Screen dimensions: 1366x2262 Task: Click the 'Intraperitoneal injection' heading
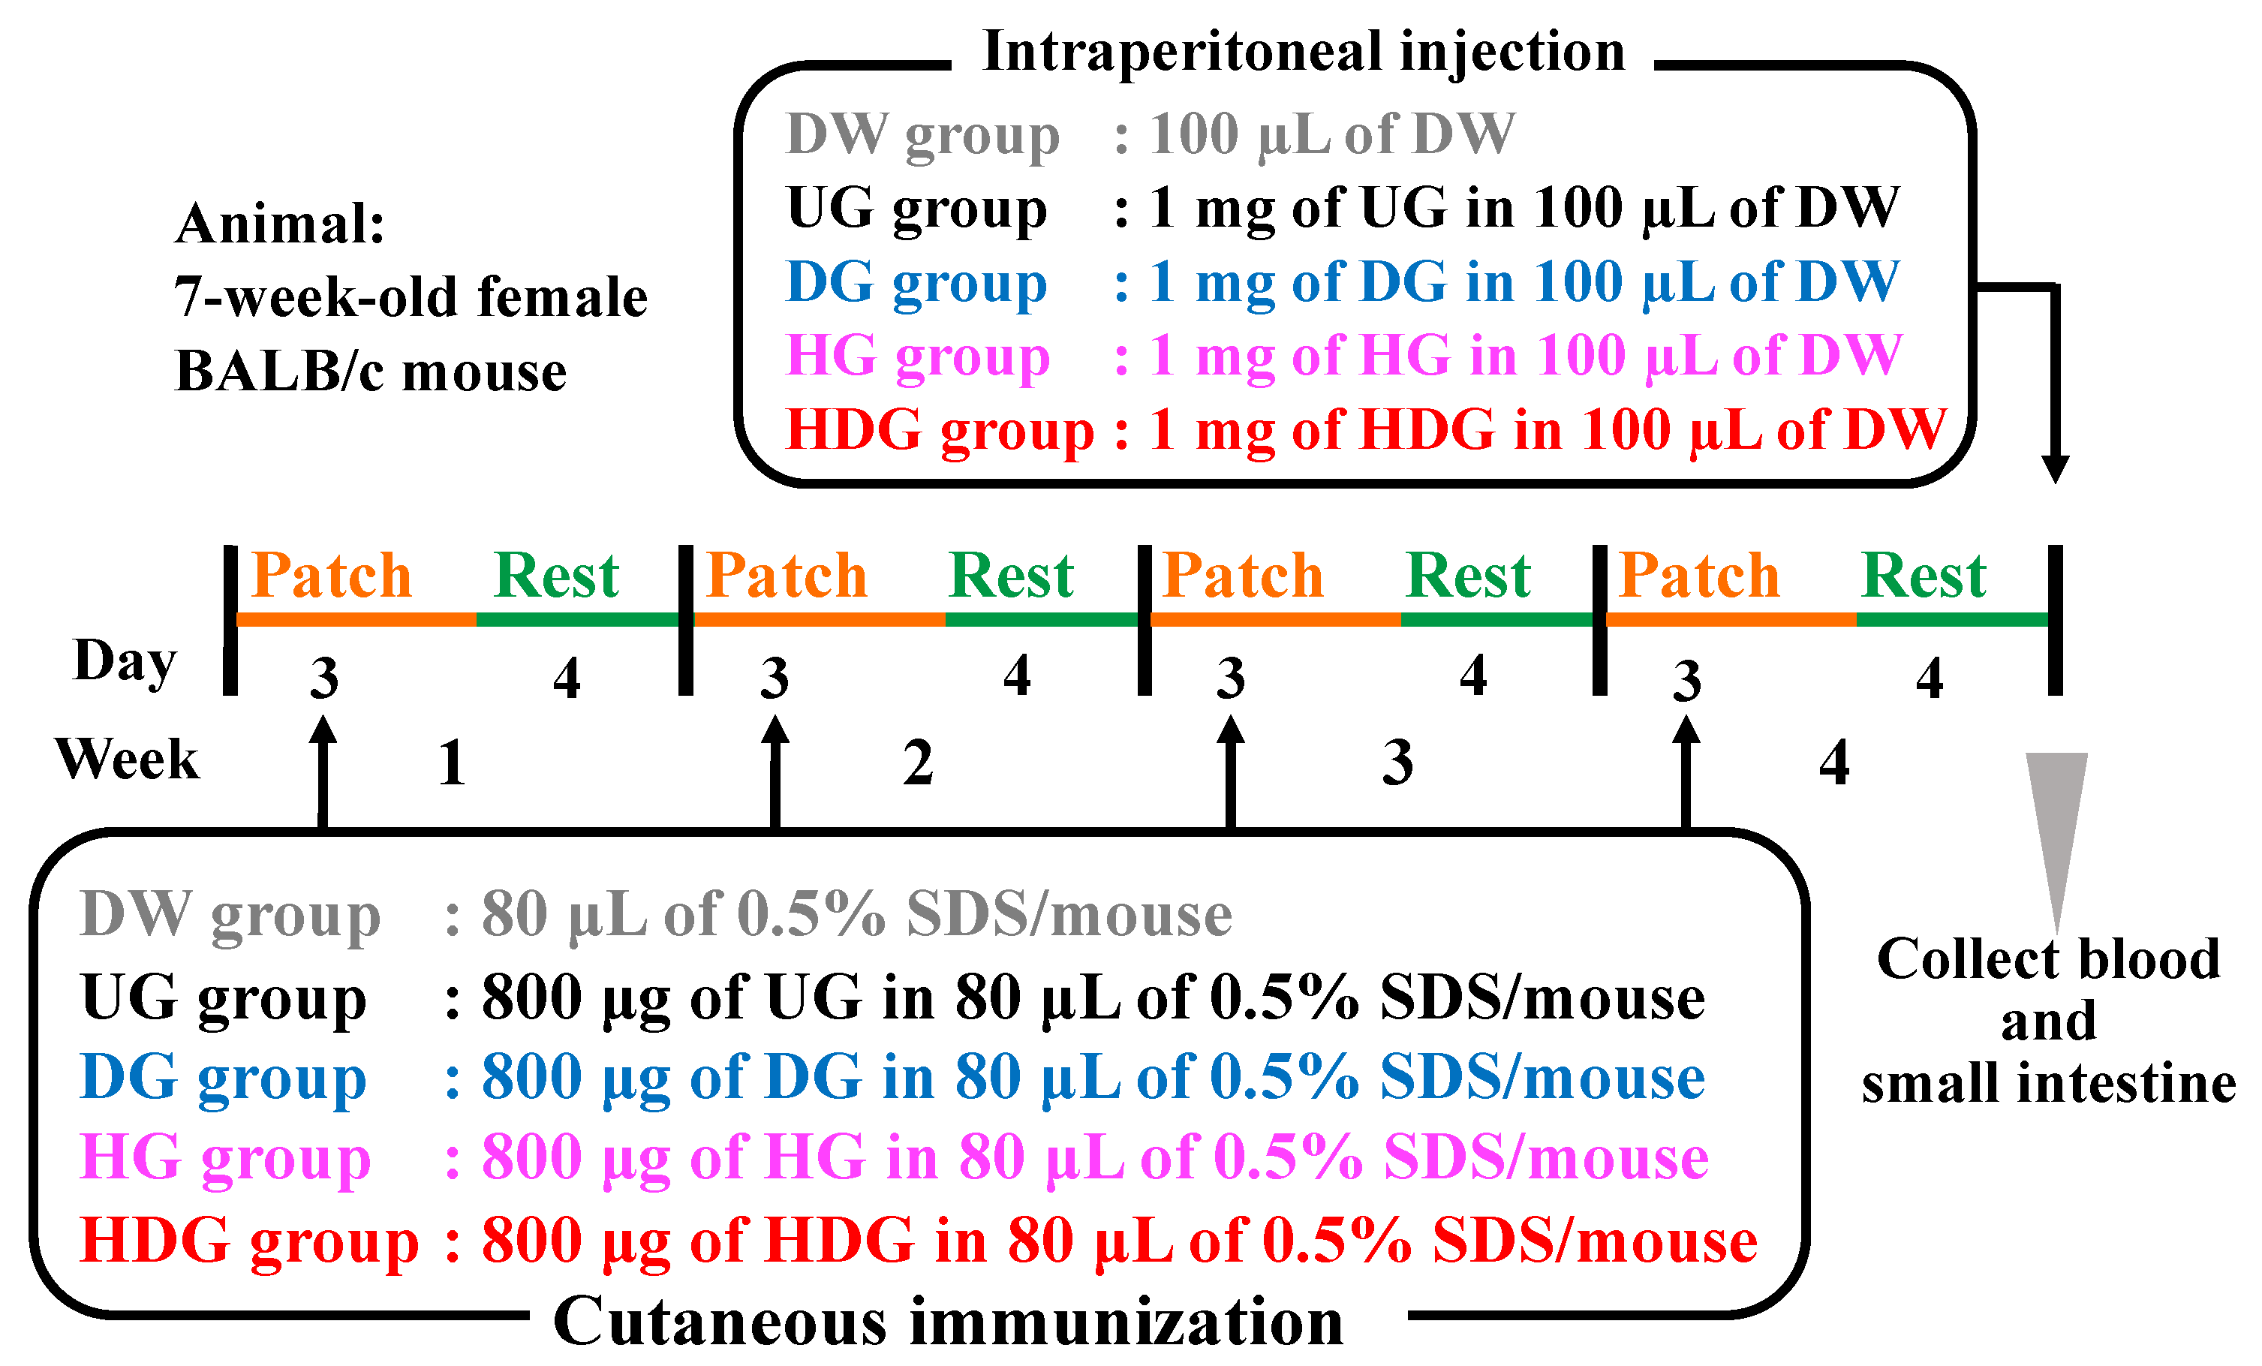(1304, 53)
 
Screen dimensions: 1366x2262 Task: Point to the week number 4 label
(1834, 763)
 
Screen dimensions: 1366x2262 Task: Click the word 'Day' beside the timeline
(125, 661)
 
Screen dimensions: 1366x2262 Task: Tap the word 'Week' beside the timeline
(127, 760)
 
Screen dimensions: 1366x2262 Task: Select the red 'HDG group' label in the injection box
(940, 429)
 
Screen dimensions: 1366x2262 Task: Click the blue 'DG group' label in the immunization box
(223, 1078)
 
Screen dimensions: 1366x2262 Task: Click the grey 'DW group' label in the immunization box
(230, 915)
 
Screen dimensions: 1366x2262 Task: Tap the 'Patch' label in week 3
(1242, 576)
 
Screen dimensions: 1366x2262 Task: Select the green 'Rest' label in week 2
(1011, 576)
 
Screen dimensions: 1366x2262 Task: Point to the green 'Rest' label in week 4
(1924, 576)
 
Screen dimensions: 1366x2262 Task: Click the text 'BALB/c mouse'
(371, 372)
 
